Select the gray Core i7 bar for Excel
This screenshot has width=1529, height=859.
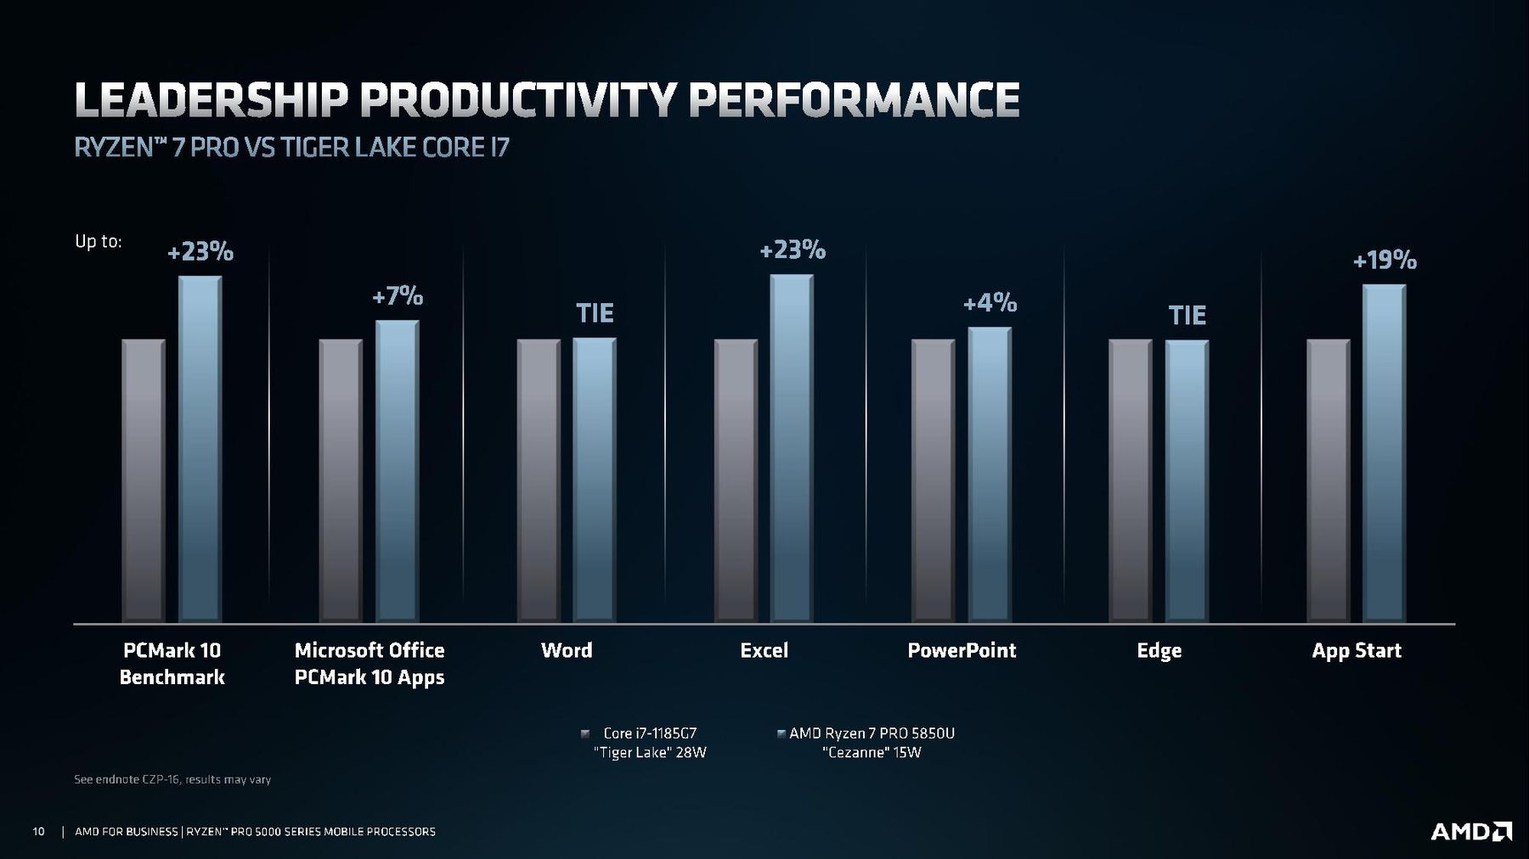click(x=736, y=480)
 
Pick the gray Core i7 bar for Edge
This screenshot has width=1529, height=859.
click(x=1131, y=480)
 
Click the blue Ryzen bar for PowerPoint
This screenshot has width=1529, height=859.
click(x=990, y=474)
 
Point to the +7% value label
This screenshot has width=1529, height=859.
click(x=398, y=296)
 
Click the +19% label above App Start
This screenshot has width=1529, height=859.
click(x=1385, y=260)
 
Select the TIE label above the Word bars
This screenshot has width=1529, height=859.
click(x=595, y=313)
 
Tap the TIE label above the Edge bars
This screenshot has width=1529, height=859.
click(x=1187, y=316)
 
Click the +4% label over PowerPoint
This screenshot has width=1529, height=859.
click(x=990, y=303)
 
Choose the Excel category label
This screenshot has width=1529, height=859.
click(x=764, y=650)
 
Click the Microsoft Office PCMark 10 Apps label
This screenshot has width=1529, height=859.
click(x=370, y=663)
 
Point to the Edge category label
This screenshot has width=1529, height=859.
click(x=1159, y=650)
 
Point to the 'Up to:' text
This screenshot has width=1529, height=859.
click(x=99, y=241)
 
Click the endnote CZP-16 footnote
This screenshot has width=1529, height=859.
click(x=172, y=779)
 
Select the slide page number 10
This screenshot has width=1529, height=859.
click(x=38, y=832)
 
